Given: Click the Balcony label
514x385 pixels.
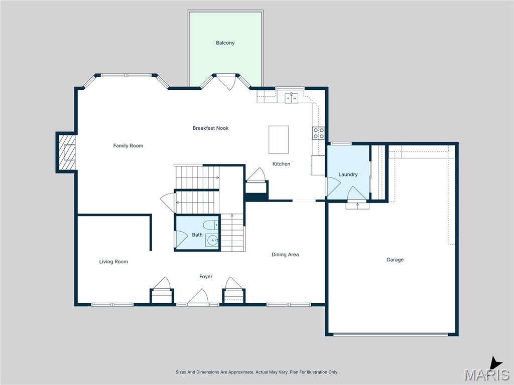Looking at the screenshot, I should [x=225, y=43].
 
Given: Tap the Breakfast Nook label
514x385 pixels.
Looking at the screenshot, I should [x=210, y=128].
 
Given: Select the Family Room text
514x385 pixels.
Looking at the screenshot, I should [x=128, y=146].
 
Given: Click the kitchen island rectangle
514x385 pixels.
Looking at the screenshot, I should [x=279, y=139].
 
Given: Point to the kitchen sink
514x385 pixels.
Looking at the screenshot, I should [x=292, y=98].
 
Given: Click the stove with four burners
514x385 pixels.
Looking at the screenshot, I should [x=319, y=133].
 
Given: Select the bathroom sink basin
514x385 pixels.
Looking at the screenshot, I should [x=212, y=241].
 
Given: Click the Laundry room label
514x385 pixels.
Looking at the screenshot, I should [x=348, y=174].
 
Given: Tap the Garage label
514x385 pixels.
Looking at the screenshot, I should [x=395, y=260].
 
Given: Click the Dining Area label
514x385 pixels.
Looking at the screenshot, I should [x=285, y=255].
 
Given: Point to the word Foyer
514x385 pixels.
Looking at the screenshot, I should [x=206, y=277].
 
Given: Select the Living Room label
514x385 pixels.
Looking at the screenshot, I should [x=113, y=262].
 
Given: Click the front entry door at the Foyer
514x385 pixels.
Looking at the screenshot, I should [x=198, y=298].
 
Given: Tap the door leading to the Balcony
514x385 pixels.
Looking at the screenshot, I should [x=226, y=80].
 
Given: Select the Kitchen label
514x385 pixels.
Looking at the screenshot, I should [x=281, y=164].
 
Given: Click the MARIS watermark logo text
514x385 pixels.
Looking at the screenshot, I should [x=486, y=374].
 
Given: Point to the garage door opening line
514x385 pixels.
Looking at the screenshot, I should [x=392, y=334].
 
